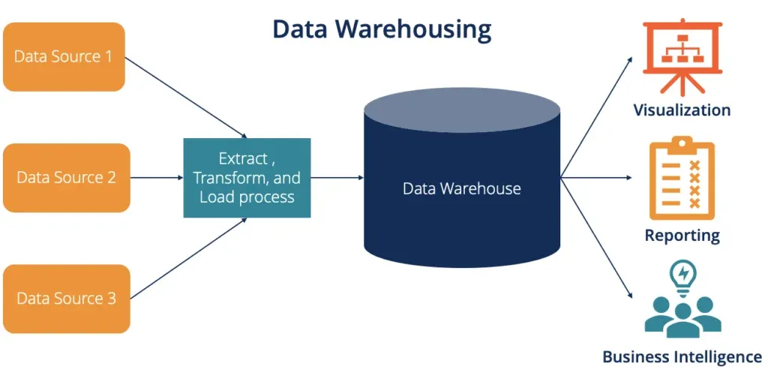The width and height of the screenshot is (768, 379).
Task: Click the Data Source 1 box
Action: [64, 57]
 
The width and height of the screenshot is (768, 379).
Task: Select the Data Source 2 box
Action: [66, 178]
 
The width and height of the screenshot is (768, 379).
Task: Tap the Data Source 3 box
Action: [66, 299]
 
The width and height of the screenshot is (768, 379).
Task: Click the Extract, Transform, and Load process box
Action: [247, 178]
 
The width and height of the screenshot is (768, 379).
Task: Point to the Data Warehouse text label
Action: [461, 188]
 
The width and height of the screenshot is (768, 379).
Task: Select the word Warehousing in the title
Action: [413, 29]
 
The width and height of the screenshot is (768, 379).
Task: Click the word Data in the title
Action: [300, 29]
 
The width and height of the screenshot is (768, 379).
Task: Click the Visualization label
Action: [682, 110]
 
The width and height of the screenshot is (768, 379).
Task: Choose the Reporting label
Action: [682, 236]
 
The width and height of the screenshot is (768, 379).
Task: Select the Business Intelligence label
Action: [682, 356]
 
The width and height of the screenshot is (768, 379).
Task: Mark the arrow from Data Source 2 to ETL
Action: [157, 178]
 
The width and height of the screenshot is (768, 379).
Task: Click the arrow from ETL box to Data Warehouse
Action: [337, 178]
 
